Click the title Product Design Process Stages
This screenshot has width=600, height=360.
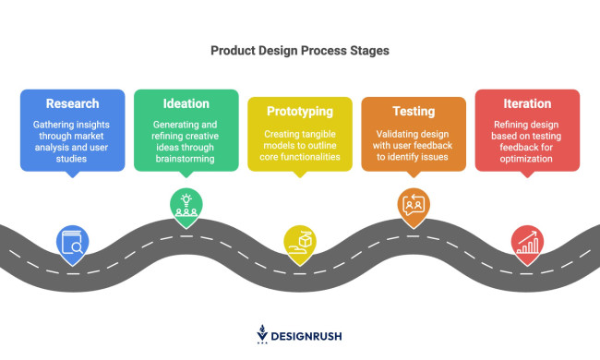pos(300,52)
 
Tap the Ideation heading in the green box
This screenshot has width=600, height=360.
pos(186,103)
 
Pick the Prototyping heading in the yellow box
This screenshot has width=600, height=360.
pos(299,111)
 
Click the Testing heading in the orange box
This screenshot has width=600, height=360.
pos(413,111)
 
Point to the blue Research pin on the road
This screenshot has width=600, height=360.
pos(72,243)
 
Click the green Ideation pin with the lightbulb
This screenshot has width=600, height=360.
pos(186,206)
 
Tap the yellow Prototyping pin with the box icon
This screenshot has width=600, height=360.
pos(299,241)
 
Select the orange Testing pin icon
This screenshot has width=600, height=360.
pos(413,204)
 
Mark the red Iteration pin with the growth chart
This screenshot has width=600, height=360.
pos(527,243)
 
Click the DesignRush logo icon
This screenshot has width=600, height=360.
pos(262,334)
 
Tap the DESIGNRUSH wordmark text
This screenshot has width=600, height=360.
pos(308,336)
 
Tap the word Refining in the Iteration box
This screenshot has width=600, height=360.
pos(510,124)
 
